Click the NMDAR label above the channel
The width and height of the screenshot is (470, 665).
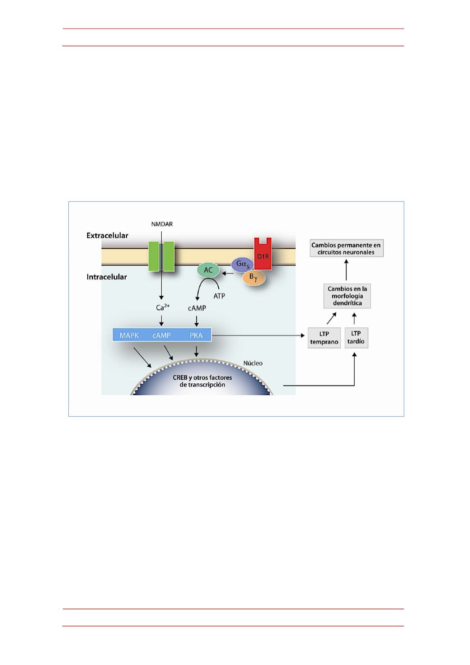[x=162, y=224]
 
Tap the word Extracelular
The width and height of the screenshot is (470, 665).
[x=108, y=236]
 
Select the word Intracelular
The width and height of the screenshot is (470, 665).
[x=107, y=277]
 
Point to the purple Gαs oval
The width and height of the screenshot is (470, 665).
[x=242, y=264]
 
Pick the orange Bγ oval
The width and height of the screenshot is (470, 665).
[x=254, y=278]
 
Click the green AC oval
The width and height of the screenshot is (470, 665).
[x=208, y=270]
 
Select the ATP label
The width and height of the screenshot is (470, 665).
[x=219, y=296]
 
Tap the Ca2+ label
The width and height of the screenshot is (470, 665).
[x=163, y=307]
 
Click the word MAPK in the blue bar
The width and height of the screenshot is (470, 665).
[x=129, y=335]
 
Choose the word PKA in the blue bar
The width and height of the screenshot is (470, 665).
[x=196, y=335]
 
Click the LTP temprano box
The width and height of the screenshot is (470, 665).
[x=324, y=338]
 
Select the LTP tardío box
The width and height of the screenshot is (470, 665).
[x=357, y=338]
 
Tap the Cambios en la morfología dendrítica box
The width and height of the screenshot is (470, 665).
[x=347, y=296]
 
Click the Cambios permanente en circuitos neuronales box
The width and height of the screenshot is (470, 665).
[x=347, y=248]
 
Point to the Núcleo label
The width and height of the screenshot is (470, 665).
[x=253, y=363]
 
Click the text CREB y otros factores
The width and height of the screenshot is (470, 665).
[x=202, y=377]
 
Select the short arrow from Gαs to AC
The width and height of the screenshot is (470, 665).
[x=228, y=273]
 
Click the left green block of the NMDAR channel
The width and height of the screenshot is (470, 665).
[x=154, y=256]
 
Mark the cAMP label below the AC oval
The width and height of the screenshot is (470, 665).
[x=197, y=308]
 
